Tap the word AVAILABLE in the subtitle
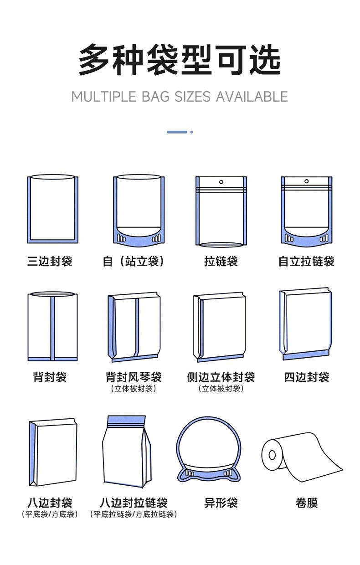click(252, 97)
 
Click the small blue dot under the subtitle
click(191, 132)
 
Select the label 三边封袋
click(50, 262)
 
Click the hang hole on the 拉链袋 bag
click(221, 182)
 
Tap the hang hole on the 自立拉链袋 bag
click(306, 181)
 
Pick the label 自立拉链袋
click(306, 262)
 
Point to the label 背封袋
click(50, 377)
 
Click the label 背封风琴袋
click(134, 377)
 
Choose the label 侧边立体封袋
click(221, 377)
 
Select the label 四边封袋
click(306, 377)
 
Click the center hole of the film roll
click(272, 454)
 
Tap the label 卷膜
click(306, 503)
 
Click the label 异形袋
click(221, 503)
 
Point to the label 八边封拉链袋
click(134, 503)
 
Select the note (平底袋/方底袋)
click(50, 514)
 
